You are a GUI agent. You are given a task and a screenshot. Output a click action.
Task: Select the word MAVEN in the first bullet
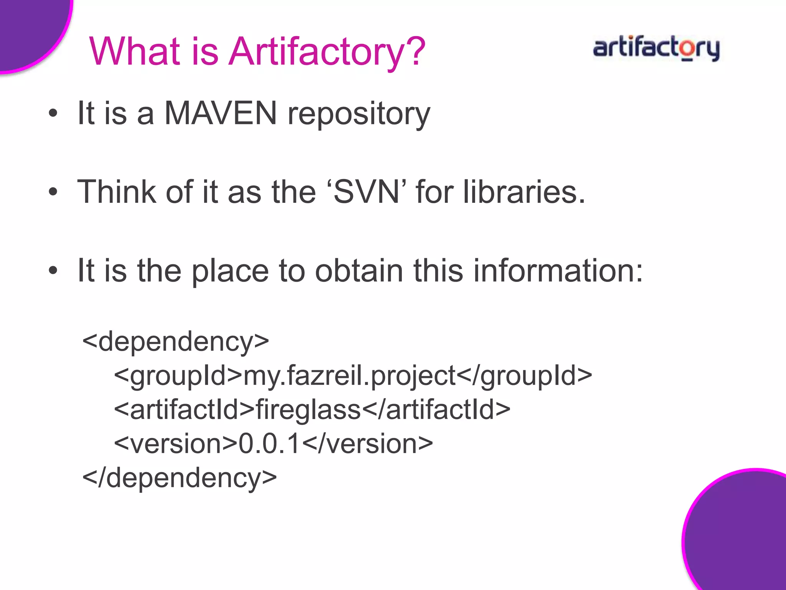(220, 113)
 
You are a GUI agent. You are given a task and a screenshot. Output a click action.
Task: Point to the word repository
(359, 114)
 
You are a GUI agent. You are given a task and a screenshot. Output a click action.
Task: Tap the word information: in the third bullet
(558, 270)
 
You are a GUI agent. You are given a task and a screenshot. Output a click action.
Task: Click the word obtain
(359, 270)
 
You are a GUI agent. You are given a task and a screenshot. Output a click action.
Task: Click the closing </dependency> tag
(180, 478)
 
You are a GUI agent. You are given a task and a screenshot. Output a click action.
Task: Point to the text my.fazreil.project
(349, 376)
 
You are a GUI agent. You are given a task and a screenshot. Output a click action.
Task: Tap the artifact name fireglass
(308, 409)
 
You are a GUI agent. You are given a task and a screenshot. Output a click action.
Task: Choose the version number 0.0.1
(269, 444)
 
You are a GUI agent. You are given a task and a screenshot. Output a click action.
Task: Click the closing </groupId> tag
(524, 376)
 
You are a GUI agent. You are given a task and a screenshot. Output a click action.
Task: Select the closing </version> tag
(368, 444)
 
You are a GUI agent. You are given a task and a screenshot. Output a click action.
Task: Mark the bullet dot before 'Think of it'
(53, 192)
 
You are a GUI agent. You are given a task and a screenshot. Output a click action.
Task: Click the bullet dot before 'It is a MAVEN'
(53, 113)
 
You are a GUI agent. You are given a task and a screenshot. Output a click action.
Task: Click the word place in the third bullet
(230, 271)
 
